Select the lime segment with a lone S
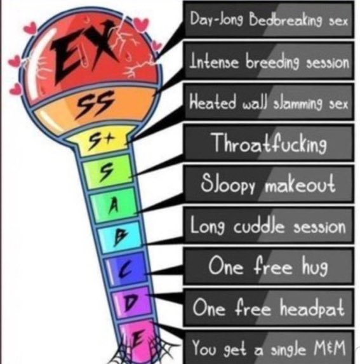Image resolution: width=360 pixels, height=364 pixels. [x=107, y=172]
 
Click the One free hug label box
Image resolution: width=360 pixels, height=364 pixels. [x=269, y=267]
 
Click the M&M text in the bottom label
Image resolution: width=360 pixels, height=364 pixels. [x=330, y=347]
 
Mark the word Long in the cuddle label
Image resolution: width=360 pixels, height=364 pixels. [x=208, y=226]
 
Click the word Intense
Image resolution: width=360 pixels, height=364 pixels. [x=214, y=61]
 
